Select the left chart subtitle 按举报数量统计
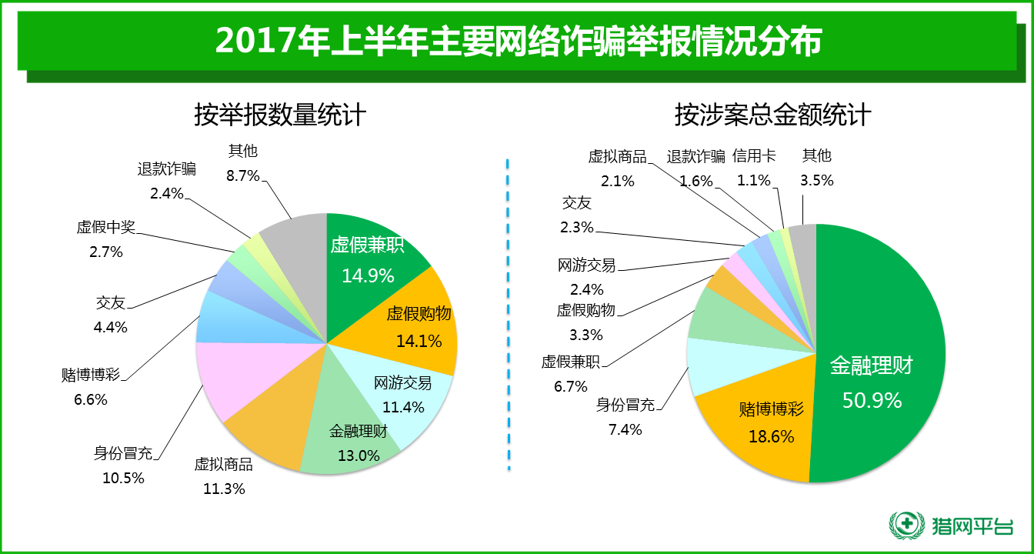pyautogui.click(x=279, y=115)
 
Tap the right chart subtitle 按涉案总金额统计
pyautogui.click(x=772, y=115)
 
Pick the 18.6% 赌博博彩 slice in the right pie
pyautogui.click(x=769, y=431)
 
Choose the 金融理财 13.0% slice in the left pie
pyautogui.click(x=350, y=439)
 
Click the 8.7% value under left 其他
pyautogui.click(x=242, y=175)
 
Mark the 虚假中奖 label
pyautogui.click(x=105, y=227)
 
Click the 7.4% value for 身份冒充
pyautogui.click(x=625, y=430)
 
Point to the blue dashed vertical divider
pyautogui.click(x=508, y=315)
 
